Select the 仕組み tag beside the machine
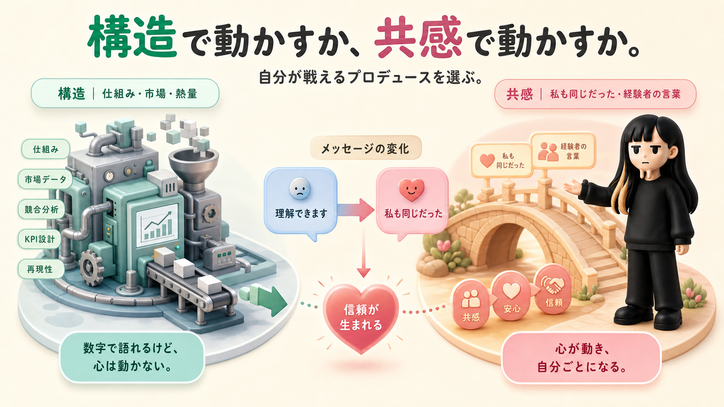tap(45, 149)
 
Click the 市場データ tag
tap(45, 179)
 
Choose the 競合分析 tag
tap(42, 209)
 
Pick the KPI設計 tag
tap(39, 239)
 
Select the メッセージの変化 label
tap(365, 148)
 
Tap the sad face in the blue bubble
tap(300, 189)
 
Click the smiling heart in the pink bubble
tap(411, 189)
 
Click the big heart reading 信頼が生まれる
tap(361, 318)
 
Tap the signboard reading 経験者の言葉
tap(563, 151)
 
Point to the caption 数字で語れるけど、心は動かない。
tap(132, 357)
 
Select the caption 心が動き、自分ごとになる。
tap(581, 358)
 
